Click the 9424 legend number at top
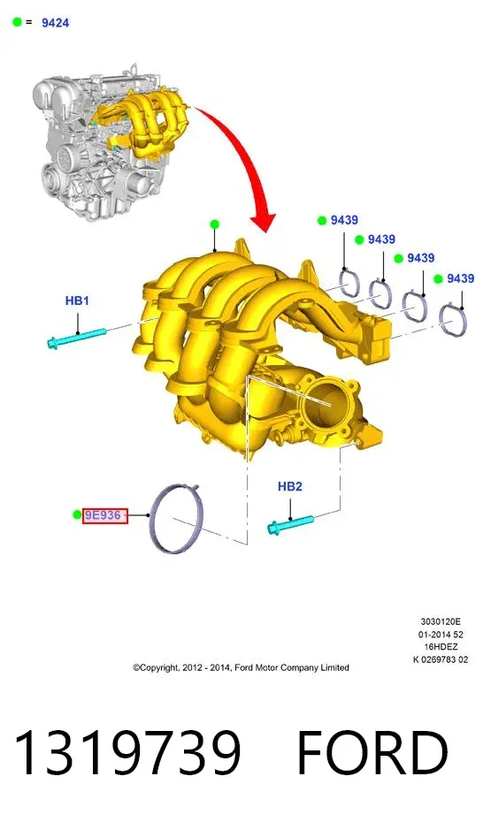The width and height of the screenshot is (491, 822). coord(55,23)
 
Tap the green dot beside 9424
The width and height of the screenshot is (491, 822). coord(18,22)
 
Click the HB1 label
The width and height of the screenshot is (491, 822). coord(77,301)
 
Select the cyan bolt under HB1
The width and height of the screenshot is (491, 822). coord(77,339)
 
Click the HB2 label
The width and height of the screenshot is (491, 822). coord(289,486)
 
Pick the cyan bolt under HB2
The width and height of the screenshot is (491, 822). coord(290,525)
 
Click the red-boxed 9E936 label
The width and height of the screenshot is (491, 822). coord(105,515)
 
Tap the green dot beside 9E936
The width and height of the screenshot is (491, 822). coord(77,514)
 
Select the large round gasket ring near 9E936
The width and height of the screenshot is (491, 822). coord(151,519)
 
